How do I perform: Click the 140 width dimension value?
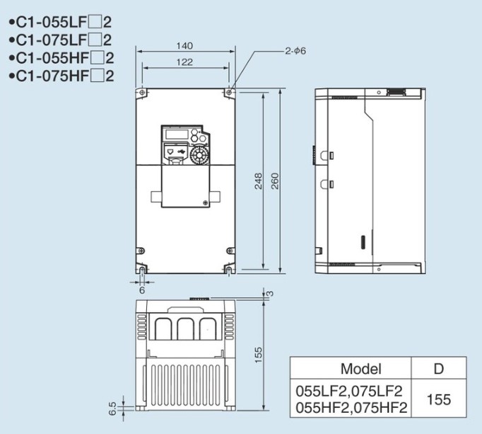[x=184, y=46]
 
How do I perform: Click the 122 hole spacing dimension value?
[x=184, y=62]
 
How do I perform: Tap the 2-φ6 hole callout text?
[x=295, y=51]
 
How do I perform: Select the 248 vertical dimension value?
[x=259, y=181]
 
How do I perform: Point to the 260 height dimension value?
[x=275, y=181]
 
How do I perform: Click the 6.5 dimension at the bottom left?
[x=112, y=409]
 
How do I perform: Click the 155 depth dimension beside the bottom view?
[x=259, y=355]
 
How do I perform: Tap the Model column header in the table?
[x=361, y=369]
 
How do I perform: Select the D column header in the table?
[x=439, y=368]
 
